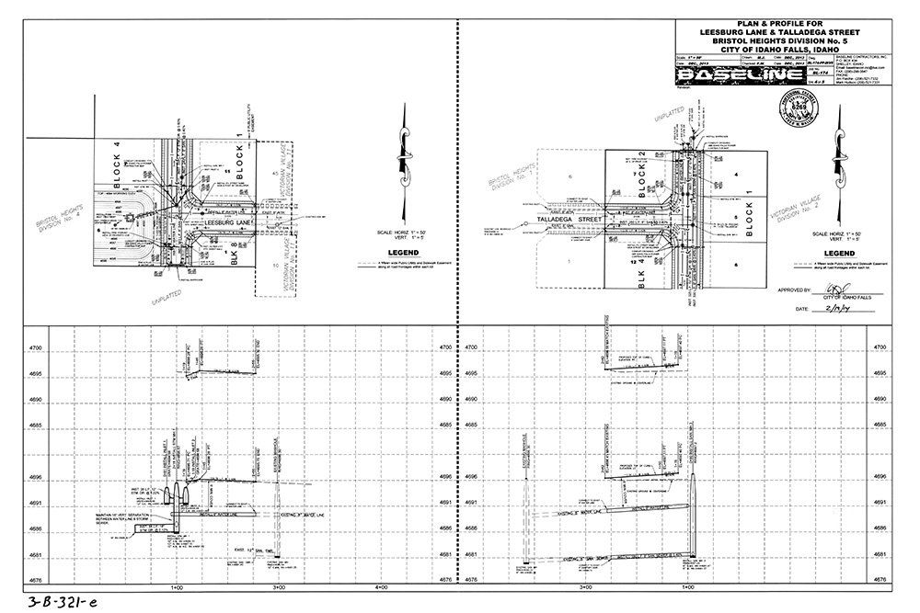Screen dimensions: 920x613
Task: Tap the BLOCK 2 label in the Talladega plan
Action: click(645, 171)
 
